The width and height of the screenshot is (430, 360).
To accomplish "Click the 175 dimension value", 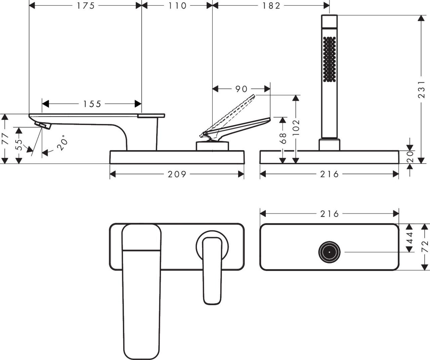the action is point(85,6).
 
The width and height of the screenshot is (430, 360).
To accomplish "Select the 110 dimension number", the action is point(177,6).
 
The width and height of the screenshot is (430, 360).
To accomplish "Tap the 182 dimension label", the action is point(271,6).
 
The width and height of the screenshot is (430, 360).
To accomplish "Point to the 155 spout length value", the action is point(92,104).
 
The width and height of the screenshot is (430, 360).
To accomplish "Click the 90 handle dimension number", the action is point(241,89).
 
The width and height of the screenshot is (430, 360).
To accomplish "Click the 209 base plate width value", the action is point(177,174).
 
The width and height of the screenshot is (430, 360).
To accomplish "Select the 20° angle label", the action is point(62,143).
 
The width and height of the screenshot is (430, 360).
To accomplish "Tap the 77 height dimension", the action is point(5,139).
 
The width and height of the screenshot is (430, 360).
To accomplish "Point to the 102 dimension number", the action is point(296,127).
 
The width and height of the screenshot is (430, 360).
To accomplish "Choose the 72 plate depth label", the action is point(425,246).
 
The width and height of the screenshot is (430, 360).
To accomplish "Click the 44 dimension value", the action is point(410,238).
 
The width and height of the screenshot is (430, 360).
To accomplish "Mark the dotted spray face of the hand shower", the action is point(329,59).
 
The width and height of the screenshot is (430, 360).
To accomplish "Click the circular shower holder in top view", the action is point(329,252).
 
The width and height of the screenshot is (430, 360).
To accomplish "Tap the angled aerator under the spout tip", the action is point(43,125).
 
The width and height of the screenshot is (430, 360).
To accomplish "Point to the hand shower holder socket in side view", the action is point(329,145).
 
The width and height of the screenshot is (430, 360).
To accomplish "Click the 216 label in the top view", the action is point(329,214).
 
